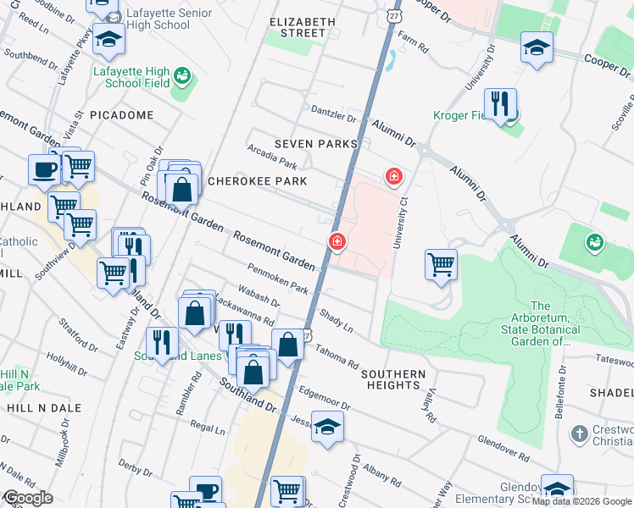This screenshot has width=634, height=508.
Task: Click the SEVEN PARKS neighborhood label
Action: click(x=314, y=145)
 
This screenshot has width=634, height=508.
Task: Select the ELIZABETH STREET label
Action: click(x=297, y=27)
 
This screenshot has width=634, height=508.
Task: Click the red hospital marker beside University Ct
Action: click(x=393, y=176)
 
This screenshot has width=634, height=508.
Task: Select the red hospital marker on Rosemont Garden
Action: click(x=336, y=243)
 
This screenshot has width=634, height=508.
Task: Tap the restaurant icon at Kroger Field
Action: click(x=502, y=105)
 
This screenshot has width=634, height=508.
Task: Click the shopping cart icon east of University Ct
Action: click(x=441, y=264)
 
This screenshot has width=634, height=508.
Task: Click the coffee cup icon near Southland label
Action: click(x=44, y=169)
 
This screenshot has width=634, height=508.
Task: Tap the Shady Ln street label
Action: click(x=336, y=319)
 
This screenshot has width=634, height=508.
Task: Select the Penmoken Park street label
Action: click(x=277, y=278)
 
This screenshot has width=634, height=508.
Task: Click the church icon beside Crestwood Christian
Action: click(x=579, y=434)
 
